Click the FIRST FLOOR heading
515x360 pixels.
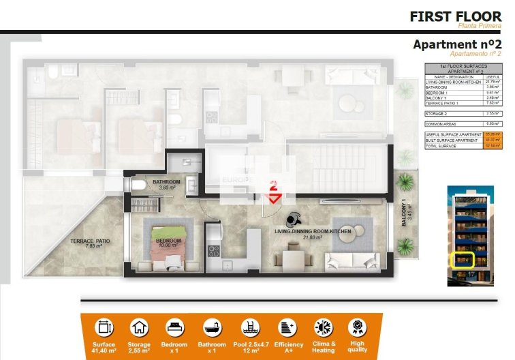(x=454, y=16)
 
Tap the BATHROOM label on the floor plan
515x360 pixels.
(x=166, y=183)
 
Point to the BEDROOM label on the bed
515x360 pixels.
(x=168, y=240)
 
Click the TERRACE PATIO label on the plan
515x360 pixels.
(x=90, y=242)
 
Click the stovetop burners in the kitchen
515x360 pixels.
(x=213, y=250)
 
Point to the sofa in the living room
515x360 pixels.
(x=351, y=260)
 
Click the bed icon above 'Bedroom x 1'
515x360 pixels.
(x=175, y=327)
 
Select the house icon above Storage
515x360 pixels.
(x=140, y=327)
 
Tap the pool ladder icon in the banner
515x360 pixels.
(x=249, y=327)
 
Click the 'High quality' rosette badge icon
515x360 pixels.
(x=357, y=327)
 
